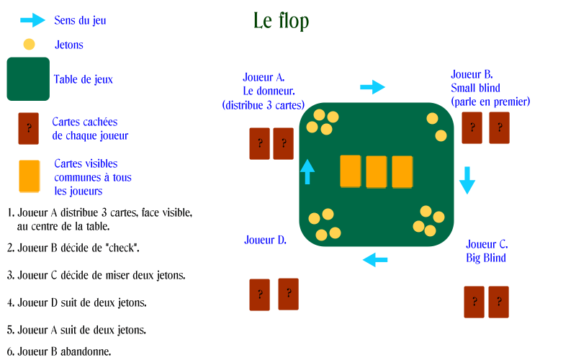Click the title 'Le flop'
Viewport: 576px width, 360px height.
pos(281,21)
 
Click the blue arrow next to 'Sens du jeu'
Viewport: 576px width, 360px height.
pos(32,20)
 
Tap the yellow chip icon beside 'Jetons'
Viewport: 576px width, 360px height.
pos(29,45)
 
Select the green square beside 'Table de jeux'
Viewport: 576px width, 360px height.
pos(28,79)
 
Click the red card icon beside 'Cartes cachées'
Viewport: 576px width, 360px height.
pos(29,129)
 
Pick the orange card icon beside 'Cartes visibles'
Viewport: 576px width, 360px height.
pos(30,176)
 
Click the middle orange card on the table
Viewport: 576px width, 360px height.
pos(376,172)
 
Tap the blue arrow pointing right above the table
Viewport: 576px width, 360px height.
pos(372,87)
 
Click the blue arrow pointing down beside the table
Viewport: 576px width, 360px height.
pos(467,180)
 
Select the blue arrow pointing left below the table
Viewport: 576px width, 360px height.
pos(375,260)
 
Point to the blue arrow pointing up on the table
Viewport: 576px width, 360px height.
pos(307,171)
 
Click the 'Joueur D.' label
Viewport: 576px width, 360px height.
pos(265,240)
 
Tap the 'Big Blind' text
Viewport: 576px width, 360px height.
pos(486,258)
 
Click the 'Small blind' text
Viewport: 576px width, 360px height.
pos(475,88)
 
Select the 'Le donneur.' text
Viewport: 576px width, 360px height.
pos(269,91)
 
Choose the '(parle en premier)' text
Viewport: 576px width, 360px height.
pos(490,102)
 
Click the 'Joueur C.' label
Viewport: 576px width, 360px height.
pos(487,244)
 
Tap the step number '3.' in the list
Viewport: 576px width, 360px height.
pos(11,276)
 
